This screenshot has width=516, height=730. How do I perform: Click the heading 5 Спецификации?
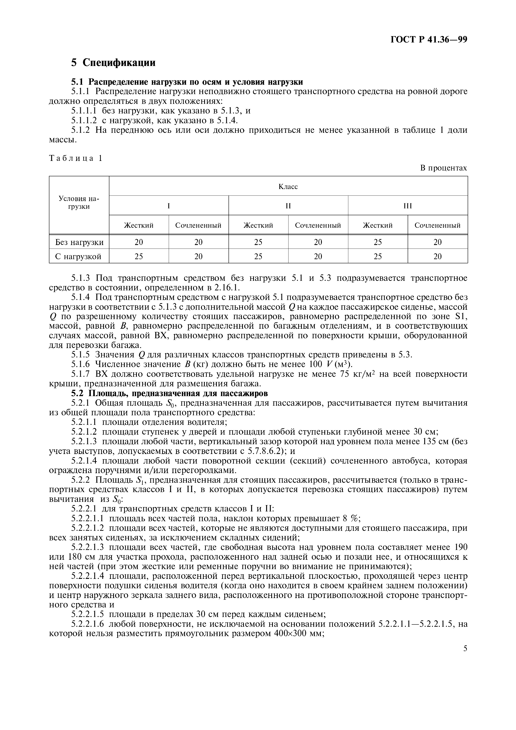point(113,63)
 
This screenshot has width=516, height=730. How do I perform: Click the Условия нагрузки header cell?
point(79,203)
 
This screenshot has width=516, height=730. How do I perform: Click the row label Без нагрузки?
point(79,242)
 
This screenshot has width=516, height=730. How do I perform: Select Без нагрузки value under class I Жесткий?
point(139,242)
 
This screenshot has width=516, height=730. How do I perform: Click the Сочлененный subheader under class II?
point(318,225)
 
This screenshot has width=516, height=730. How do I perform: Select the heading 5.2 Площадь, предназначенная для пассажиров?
point(169,393)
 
